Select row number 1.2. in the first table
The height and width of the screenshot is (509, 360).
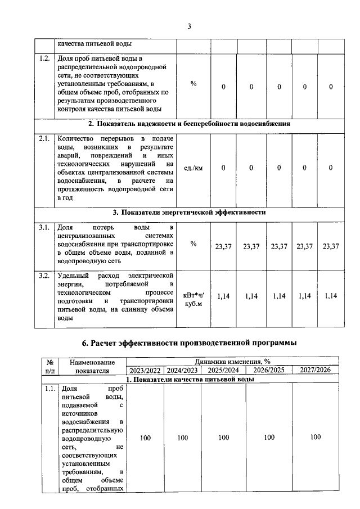pos(44,58)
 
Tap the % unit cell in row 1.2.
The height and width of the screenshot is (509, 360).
pos(193,84)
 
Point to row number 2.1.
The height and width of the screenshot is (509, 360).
pos(44,138)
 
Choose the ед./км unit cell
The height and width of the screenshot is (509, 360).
pos(193,168)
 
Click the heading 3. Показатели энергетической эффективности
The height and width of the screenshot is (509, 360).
pos(188,213)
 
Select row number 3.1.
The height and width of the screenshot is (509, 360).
pos(44,227)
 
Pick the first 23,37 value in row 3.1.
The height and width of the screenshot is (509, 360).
pos(222,246)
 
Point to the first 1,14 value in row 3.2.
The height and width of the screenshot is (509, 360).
pos(223,296)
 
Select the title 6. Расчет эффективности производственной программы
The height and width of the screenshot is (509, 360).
pos(189,343)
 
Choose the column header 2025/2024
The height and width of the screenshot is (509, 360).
pos(223,370)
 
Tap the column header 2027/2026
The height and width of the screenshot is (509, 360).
pos(315,370)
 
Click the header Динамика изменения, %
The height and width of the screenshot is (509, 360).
pos(232,362)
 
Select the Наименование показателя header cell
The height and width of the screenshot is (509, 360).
pos(92,366)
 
